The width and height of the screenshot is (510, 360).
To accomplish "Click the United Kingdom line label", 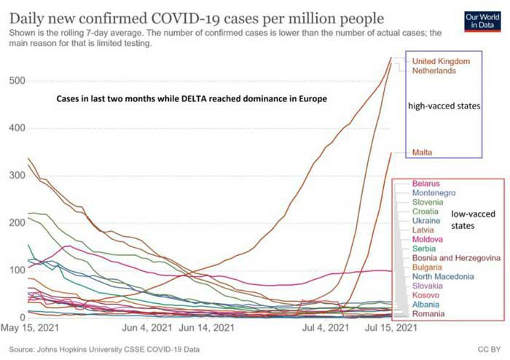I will pyautogui.click(x=441, y=61).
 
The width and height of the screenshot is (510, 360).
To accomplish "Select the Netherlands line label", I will pyautogui.click(x=434, y=71).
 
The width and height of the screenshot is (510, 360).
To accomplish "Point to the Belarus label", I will pyautogui.click(x=427, y=183).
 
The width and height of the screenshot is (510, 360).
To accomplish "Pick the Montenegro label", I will pyautogui.click(x=434, y=193).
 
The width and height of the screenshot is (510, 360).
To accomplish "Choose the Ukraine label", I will pyautogui.click(x=426, y=220).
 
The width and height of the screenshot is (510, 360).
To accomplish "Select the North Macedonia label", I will pyautogui.click(x=444, y=276).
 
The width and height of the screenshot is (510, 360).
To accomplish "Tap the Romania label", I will pyautogui.click(x=430, y=313).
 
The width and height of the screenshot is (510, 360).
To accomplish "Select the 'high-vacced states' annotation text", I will pyautogui.click(x=444, y=106).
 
